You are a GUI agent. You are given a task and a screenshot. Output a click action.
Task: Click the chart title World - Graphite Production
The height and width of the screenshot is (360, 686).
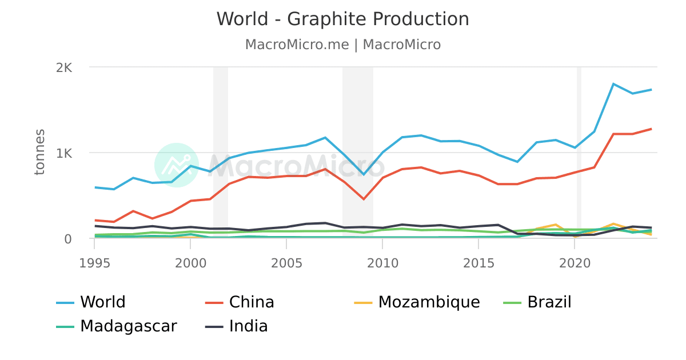click(342, 19)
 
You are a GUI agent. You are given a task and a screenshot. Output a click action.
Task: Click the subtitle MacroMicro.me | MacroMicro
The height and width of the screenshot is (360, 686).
click(342, 45)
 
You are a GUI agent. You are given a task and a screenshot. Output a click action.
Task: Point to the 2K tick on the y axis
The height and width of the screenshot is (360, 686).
click(64, 67)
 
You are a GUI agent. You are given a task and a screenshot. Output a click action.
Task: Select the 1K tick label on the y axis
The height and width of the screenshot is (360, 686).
click(64, 153)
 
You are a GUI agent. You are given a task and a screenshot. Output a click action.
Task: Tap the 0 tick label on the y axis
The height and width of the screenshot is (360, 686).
click(67, 239)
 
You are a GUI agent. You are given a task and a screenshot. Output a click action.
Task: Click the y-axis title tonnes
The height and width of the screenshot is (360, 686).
click(39, 153)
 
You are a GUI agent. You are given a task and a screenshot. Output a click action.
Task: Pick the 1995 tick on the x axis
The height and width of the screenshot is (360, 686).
click(94, 263)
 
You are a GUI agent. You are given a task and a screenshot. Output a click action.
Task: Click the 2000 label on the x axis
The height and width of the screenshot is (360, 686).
click(190, 263)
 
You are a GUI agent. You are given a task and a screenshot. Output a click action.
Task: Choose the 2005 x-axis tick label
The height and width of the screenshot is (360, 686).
click(286, 263)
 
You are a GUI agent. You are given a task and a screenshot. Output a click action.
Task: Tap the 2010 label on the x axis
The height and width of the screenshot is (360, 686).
click(382, 263)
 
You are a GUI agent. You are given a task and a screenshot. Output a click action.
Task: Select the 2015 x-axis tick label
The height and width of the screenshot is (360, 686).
click(478, 263)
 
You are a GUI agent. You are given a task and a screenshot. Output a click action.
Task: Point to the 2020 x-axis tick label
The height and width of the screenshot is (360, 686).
click(574, 263)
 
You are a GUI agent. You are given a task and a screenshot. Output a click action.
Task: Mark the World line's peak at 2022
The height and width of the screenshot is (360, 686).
click(613, 84)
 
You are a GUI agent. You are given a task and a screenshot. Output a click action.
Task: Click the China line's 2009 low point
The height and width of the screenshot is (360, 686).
click(364, 199)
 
